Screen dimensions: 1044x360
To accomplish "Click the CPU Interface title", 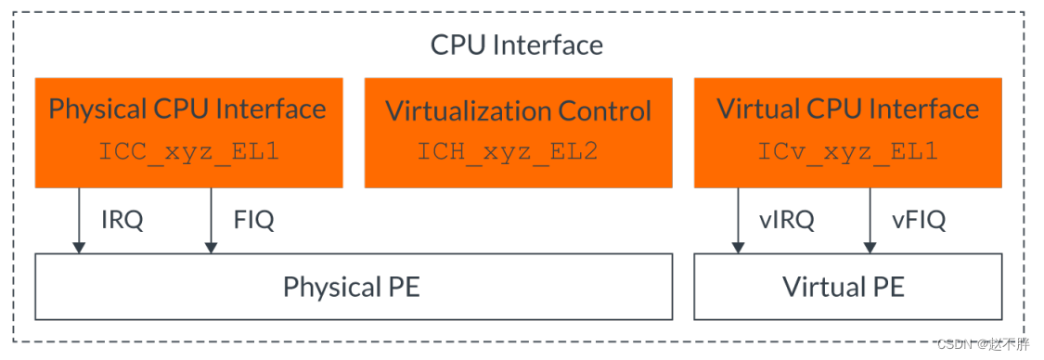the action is click(x=516, y=45).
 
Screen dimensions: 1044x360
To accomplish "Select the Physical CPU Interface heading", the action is click(x=187, y=109).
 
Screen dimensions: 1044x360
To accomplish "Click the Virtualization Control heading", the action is click(x=518, y=111).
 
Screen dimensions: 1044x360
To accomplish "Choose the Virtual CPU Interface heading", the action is click(x=847, y=109).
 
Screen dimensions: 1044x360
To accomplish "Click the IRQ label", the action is click(x=122, y=220).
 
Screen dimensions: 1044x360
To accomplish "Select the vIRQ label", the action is click(x=785, y=220).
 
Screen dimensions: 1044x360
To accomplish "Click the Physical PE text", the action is click(x=352, y=286).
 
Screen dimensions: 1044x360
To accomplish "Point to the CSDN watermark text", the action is click(x=983, y=344).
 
